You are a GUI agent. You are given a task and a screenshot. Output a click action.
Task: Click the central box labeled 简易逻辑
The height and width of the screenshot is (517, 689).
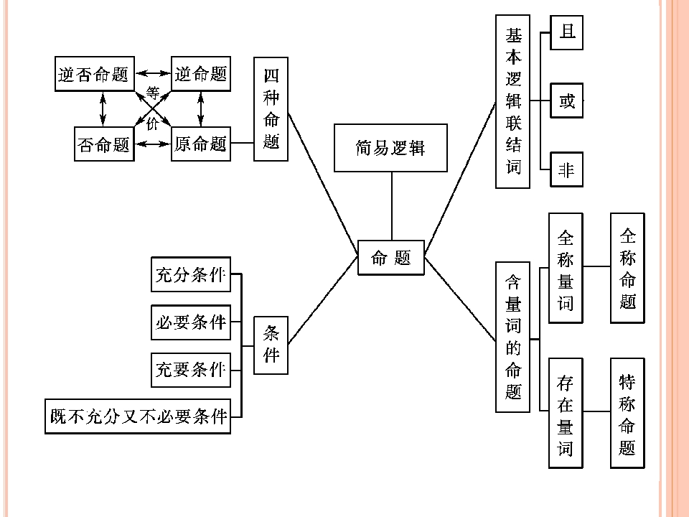coord(390,148)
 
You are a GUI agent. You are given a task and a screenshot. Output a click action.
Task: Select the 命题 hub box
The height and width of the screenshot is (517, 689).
coord(391,258)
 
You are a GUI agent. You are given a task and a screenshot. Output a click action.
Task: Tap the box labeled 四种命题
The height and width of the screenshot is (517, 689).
coord(271,109)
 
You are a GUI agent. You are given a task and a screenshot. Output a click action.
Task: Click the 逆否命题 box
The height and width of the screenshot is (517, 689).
coord(95,74)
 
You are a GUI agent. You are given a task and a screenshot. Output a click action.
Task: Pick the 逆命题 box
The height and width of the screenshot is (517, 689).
coord(201,74)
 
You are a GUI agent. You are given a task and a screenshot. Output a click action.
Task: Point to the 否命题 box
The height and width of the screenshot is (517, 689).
coord(104,144)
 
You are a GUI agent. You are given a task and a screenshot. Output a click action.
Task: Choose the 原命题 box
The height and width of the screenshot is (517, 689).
coord(201,144)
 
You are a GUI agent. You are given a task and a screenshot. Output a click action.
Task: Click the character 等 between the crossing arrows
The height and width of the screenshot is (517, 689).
coord(152,93)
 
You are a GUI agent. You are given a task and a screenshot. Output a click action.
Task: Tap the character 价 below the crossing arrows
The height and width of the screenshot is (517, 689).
coord(152,124)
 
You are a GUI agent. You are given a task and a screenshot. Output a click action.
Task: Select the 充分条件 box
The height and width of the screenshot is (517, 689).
coord(191,274)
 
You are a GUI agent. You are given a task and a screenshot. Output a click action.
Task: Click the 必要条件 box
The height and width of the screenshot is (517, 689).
coord(191,322)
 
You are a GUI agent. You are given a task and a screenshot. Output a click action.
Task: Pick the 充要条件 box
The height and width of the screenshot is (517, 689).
coord(191,370)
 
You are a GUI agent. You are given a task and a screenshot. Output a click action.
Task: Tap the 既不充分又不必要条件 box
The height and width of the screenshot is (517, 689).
coord(138,416)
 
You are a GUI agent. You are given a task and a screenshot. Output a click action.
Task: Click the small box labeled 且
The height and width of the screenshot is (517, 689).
coord(567,32)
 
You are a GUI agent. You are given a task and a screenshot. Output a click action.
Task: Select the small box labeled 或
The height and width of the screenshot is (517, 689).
coord(567,101)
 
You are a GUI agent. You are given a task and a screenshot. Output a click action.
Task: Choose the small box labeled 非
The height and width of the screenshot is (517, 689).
coord(567,169)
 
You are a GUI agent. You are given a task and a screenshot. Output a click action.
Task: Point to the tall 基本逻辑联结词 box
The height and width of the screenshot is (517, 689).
coord(512,101)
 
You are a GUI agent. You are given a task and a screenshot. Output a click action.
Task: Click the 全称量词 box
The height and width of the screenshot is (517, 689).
coord(566,268)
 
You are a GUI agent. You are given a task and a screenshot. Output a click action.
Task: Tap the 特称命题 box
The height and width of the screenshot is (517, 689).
coord(627,414)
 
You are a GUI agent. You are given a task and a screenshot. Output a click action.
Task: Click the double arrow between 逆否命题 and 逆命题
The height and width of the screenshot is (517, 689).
coord(153,73)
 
